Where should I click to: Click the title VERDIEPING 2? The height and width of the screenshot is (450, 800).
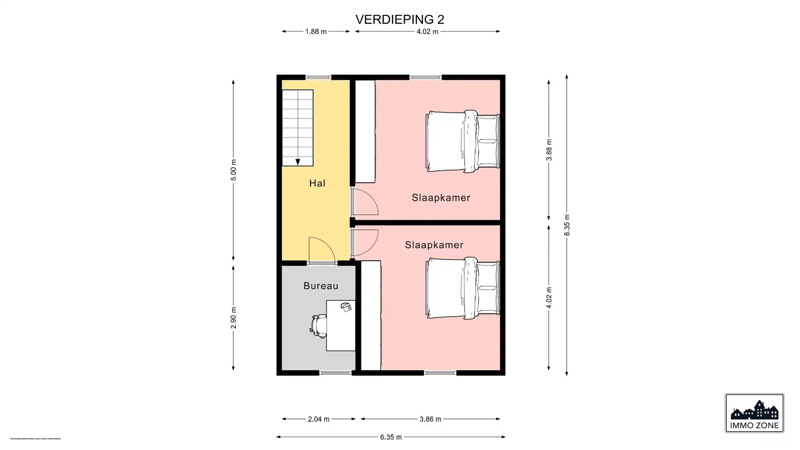400,20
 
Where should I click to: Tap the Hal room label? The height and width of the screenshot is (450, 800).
317,183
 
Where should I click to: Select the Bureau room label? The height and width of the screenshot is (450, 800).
321,286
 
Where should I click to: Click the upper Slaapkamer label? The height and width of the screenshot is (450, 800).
441,198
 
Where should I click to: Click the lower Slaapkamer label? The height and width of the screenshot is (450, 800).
434,245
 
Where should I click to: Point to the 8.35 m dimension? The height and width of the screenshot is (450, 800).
567,225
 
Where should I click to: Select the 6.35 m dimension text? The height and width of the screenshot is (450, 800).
391,437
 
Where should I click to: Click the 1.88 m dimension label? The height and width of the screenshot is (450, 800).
316,32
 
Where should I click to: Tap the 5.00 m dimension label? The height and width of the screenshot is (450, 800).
233,170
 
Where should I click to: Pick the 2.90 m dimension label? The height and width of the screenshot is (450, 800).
233,318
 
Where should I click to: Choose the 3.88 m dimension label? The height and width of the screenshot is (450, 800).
549,150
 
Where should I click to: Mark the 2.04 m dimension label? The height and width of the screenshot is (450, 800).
319,419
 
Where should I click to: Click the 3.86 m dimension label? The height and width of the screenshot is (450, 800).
430,419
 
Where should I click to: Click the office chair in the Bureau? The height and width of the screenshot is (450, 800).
319,325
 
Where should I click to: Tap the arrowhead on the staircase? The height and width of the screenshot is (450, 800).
297,162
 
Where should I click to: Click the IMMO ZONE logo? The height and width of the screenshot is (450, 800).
754,413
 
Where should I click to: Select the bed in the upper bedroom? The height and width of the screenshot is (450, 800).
462,141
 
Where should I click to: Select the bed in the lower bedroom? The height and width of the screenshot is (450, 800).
462,288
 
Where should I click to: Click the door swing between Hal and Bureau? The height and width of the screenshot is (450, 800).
322,250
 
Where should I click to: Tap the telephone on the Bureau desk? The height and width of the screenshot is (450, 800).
346,307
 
